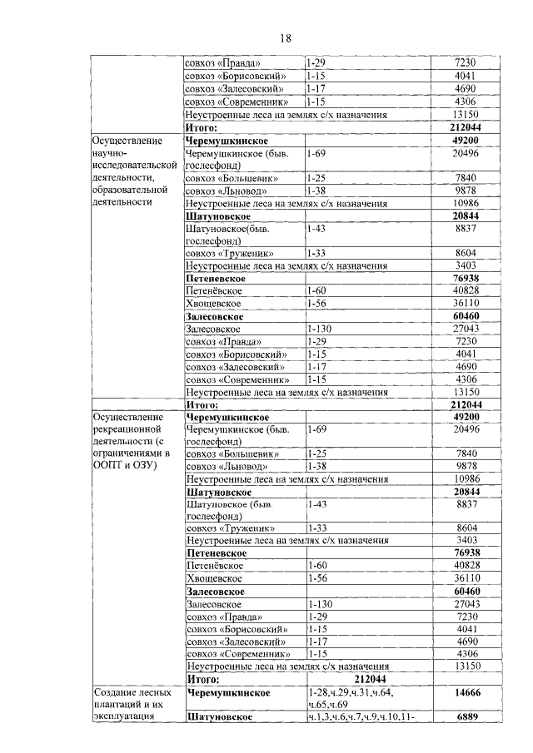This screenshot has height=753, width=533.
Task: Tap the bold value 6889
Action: tap(465, 716)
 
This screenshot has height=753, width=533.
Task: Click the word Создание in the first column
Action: tap(121, 692)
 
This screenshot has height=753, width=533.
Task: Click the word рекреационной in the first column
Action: tap(129, 428)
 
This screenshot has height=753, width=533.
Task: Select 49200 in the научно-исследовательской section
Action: tap(465, 141)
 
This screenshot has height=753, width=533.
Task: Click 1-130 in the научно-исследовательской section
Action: tap(320, 329)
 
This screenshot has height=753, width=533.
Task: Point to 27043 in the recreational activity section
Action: tap(465, 604)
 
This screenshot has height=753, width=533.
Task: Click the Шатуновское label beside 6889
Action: tap(220, 716)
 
